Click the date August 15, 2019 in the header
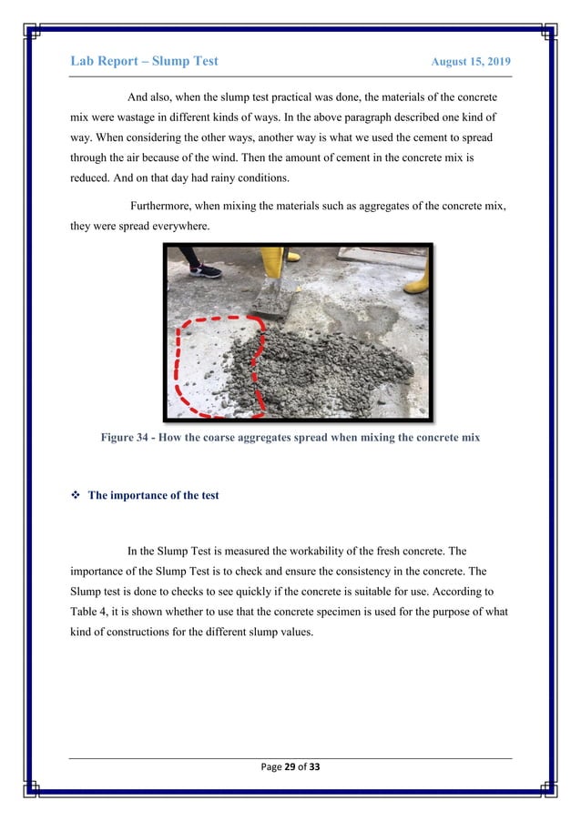tap(470, 62)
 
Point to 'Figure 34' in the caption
tap(127, 437)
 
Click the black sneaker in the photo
tap(206, 269)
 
